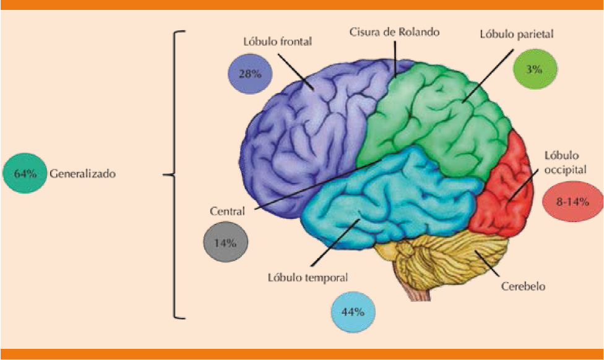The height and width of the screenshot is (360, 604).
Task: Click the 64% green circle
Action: [25, 174]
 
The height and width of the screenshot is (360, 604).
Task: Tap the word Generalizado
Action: [83, 174]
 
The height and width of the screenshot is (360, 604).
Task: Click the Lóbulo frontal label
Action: [277, 42]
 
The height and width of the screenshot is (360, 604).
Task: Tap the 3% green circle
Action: [534, 69]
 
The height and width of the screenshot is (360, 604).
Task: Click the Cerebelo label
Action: [524, 287]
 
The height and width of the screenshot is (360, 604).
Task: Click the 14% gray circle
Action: [225, 242]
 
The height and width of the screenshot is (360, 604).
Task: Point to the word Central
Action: [227, 211]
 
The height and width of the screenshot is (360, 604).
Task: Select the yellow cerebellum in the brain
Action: [446, 260]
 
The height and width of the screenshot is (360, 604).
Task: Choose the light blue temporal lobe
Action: [384, 198]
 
